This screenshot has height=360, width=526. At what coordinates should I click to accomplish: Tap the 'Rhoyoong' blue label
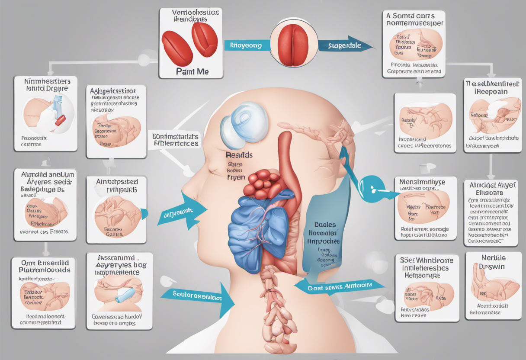(246, 45)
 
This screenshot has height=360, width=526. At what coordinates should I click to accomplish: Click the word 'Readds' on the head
(239, 155)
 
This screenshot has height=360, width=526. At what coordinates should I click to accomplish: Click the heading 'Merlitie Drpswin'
(493, 261)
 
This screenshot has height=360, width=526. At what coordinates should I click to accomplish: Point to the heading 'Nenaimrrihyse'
(425, 182)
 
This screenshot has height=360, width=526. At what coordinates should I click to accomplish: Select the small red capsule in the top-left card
(60, 119)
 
